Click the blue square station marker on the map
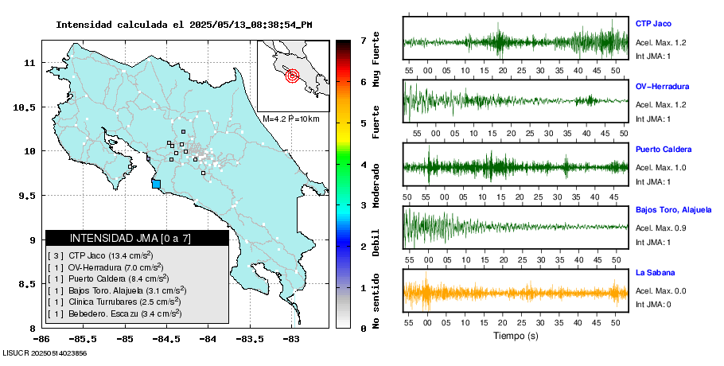156,184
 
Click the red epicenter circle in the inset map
291,76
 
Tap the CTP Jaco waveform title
654,24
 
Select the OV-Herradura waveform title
662,86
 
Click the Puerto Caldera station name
664,150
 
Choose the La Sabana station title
656,273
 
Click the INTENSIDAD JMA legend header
137,238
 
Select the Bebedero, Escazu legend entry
115,313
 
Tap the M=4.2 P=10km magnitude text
290,119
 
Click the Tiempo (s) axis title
516,336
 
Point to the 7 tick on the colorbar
363,40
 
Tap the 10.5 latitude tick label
26,107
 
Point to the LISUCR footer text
45,352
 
